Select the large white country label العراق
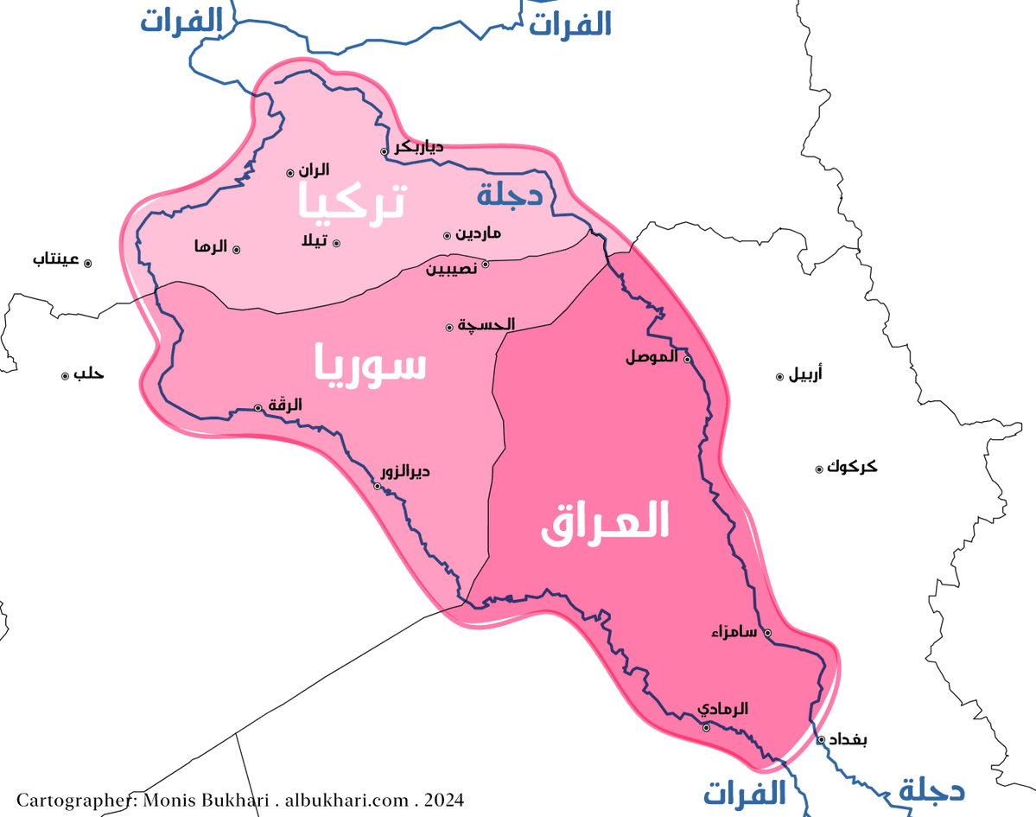(x=606, y=522)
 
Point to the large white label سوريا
(x=370, y=363)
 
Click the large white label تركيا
(x=351, y=201)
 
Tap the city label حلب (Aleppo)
(x=88, y=374)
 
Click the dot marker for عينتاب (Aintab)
(x=87, y=262)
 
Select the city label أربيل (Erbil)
(x=805, y=374)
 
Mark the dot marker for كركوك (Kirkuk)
(x=819, y=469)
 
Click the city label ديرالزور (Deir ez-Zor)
(x=406, y=472)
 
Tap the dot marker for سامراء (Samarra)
(x=767, y=633)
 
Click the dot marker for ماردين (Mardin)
(x=448, y=235)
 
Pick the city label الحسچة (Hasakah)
(x=486, y=324)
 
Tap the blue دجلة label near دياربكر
(x=510, y=195)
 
